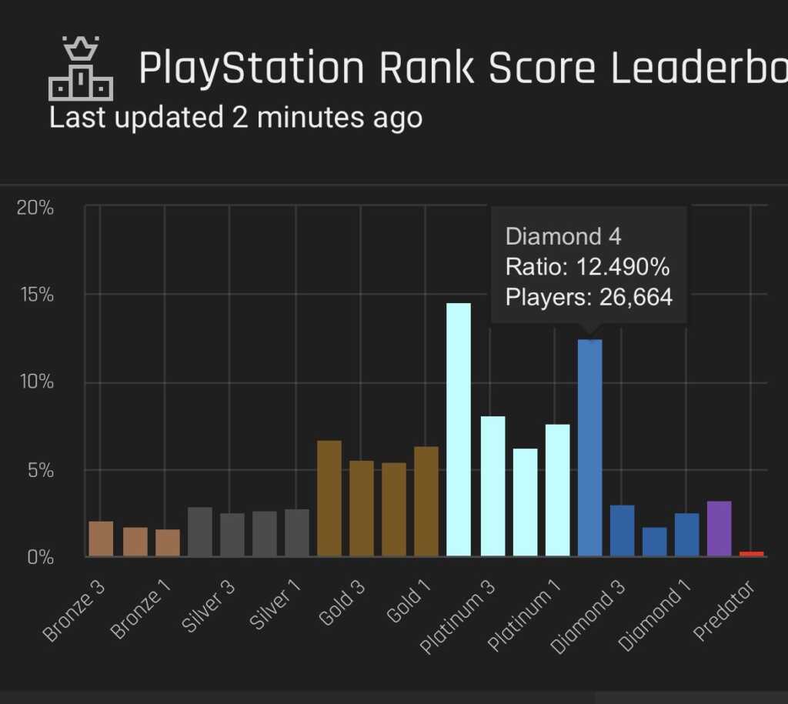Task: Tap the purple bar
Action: click(x=719, y=529)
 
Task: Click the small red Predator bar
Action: click(x=752, y=553)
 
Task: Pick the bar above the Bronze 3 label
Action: click(x=101, y=539)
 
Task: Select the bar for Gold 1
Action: click(x=426, y=501)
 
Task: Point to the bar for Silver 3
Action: click(x=232, y=535)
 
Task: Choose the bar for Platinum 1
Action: click(x=558, y=490)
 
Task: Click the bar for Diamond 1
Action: click(x=686, y=534)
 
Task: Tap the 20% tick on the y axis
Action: click(x=35, y=208)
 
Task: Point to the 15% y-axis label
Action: click(x=35, y=295)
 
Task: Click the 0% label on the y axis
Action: click(x=38, y=556)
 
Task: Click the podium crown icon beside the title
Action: click(x=81, y=69)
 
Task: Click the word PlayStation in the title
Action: click(x=251, y=68)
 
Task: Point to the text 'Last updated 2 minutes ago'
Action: click(x=235, y=118)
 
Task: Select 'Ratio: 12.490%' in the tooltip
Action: click(x=587, y=267)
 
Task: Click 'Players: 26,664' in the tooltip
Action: click(x=589, y=297)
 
